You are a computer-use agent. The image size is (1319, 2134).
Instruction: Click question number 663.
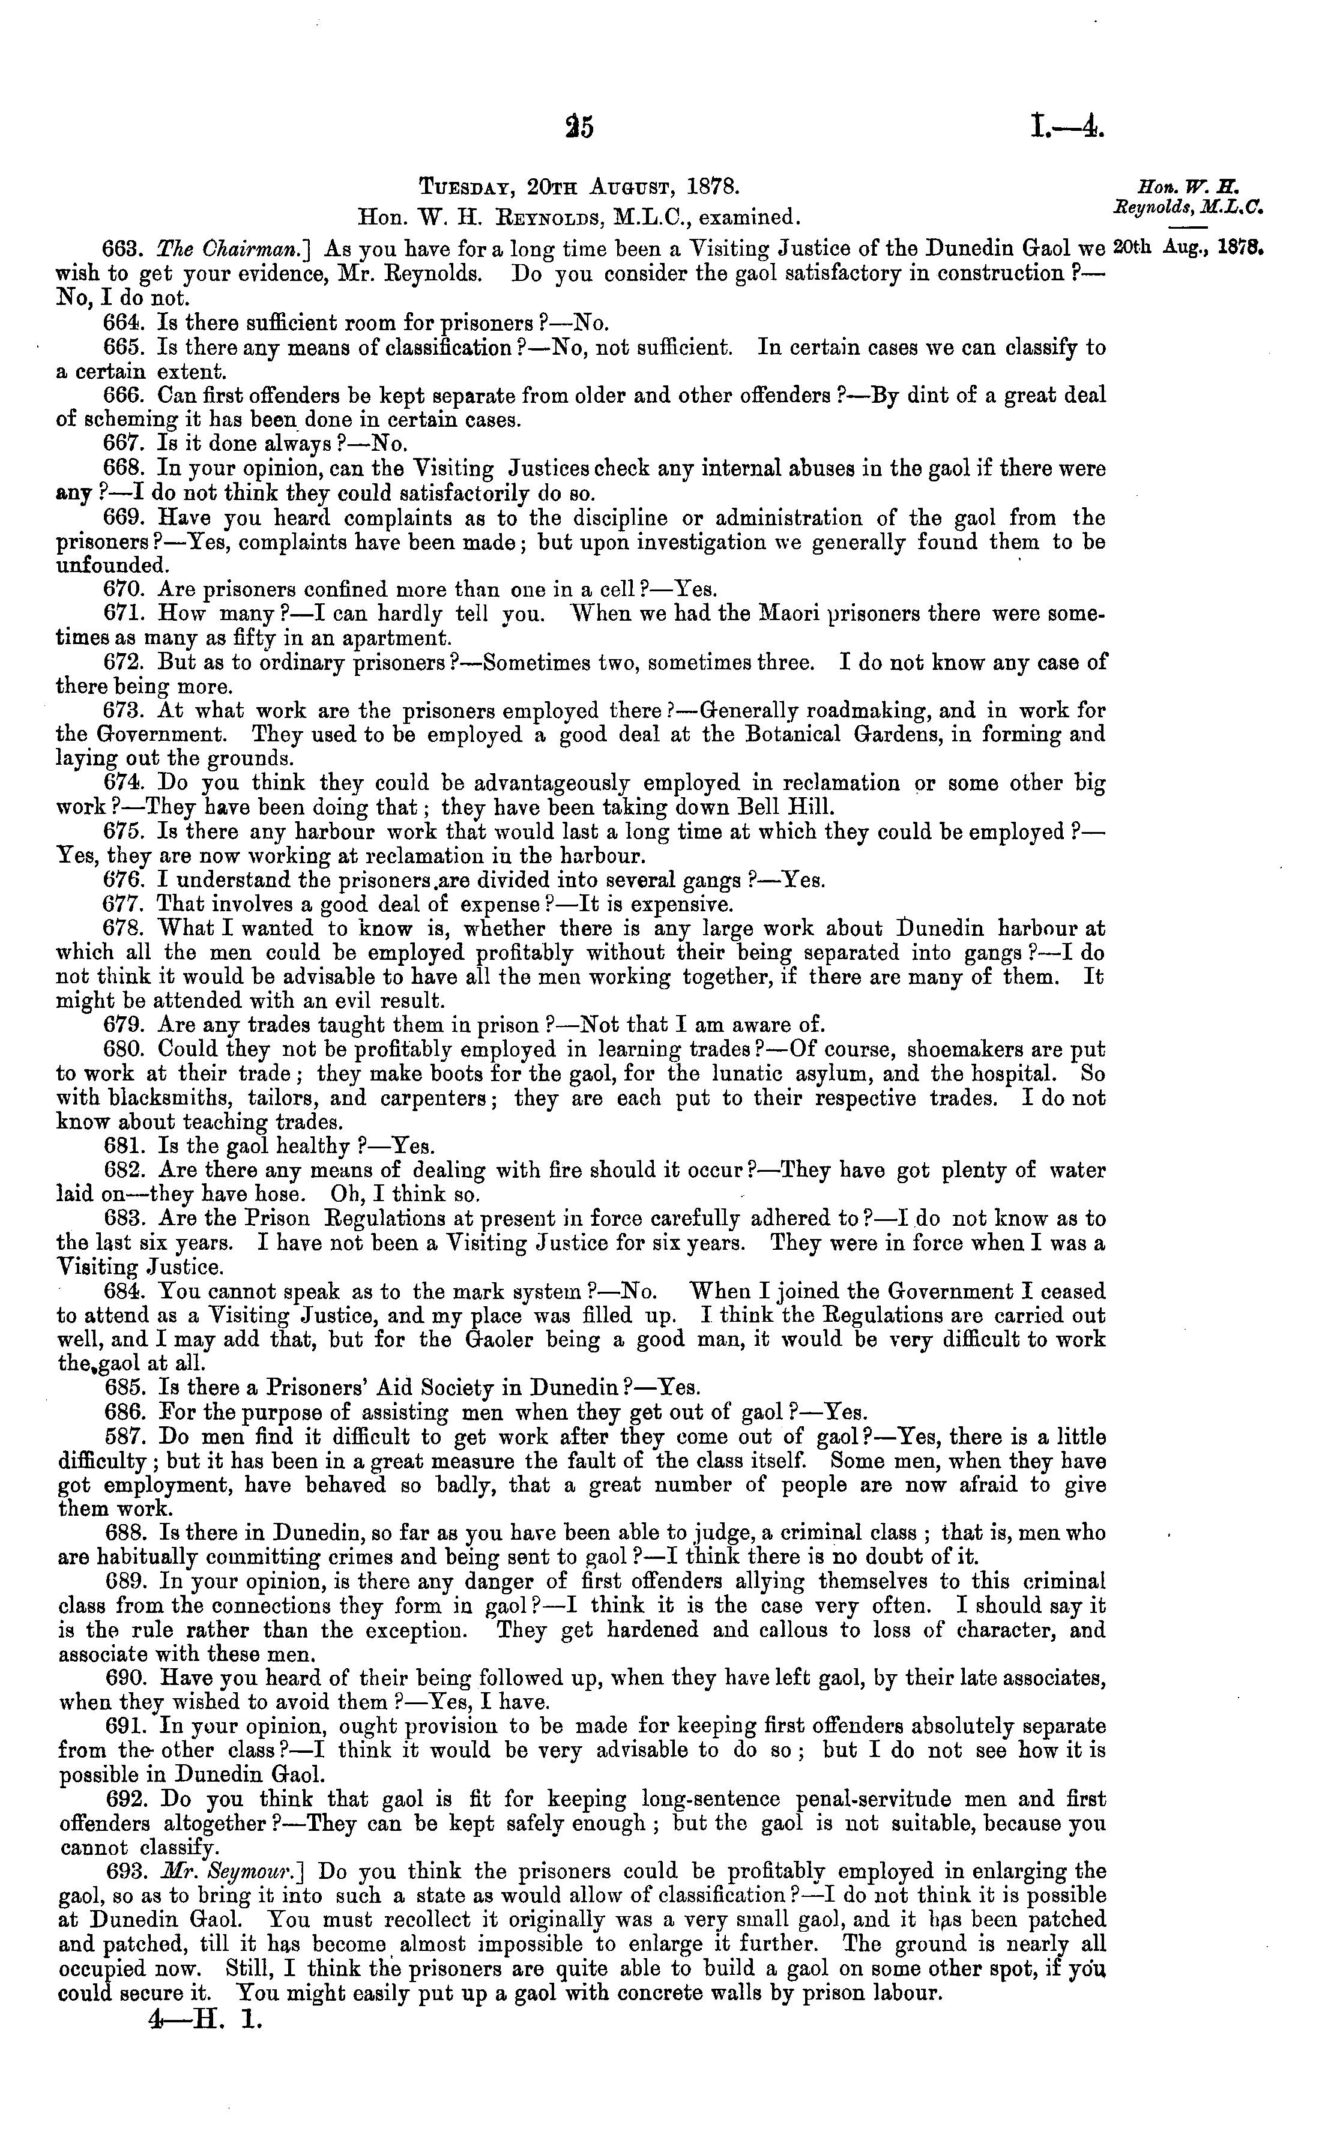click(122, 249)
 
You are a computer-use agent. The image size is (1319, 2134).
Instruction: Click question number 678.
click(122, 929)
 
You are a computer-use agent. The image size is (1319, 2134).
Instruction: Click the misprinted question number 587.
click(122, 1436)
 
